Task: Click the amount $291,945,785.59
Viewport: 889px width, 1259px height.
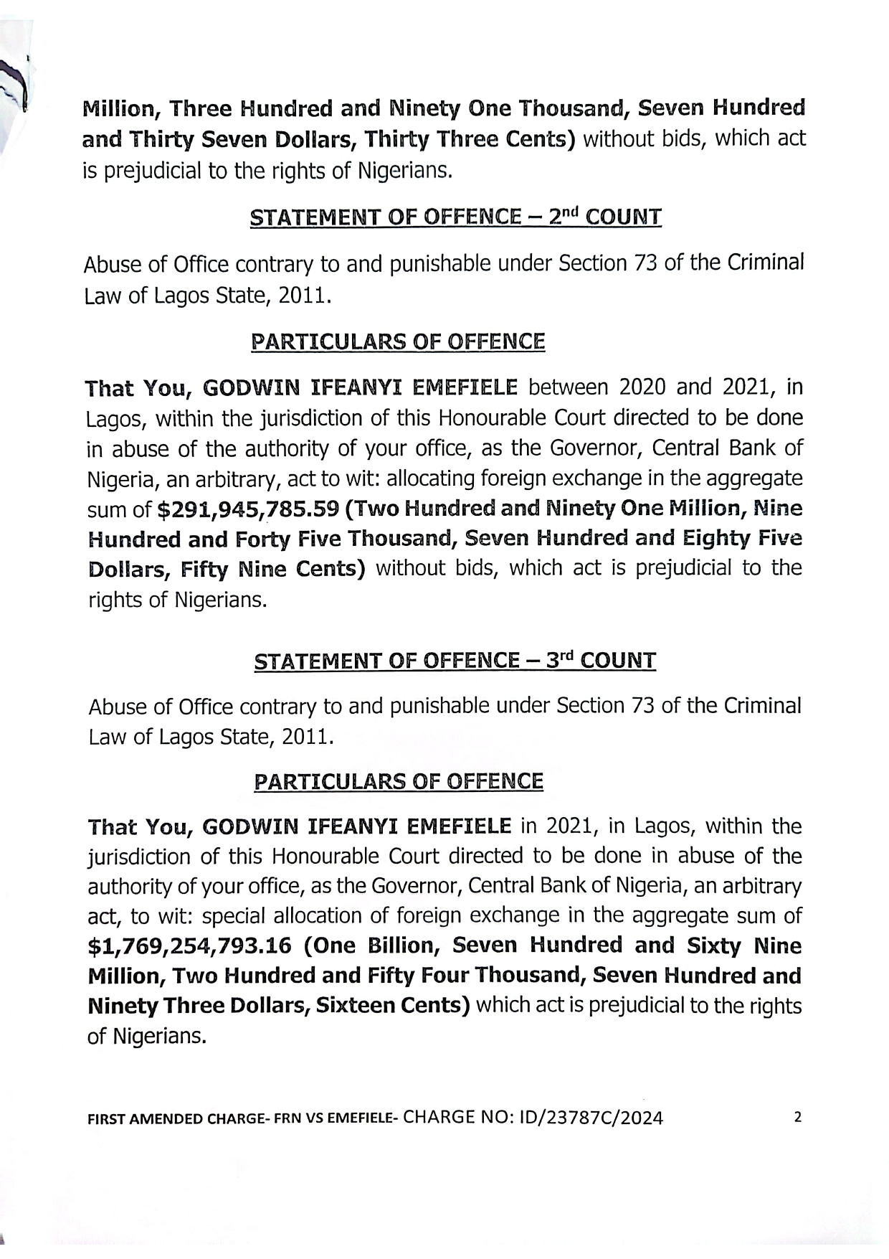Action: click(247, 509)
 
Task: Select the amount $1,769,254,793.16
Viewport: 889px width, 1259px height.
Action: click(189, 946)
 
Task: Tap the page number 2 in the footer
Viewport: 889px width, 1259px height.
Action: click(798, 1117)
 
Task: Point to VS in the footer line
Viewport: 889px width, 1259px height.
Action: click(315, 1119)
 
